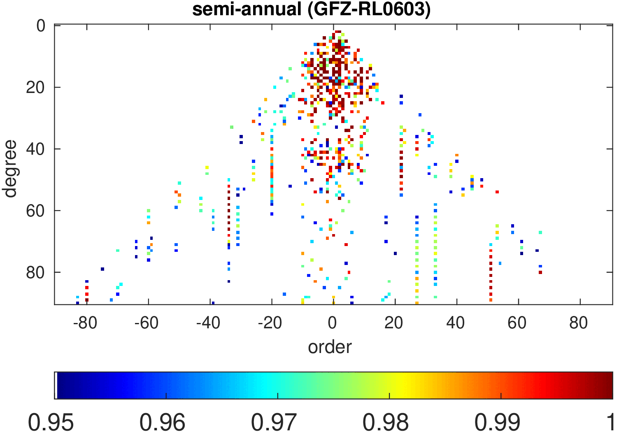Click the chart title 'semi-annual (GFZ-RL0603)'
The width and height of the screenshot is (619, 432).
point(311,9)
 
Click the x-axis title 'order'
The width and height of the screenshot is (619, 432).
point(330,347)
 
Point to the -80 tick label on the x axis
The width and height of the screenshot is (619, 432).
point(85,323)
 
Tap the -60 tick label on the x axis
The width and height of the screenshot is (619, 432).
point(147,323)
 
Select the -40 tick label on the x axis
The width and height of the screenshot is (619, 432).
point(208,323)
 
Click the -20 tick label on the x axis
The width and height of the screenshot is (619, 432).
point(270,323)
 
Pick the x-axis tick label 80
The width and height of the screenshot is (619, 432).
point(578,323)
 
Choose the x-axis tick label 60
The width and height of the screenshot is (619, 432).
point(517,323)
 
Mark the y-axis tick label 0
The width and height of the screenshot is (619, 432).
point(41,26)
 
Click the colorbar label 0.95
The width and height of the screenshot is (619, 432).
point(51,422)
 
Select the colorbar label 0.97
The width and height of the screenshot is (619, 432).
point(274,422)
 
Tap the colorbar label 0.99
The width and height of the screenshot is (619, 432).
point(498,422)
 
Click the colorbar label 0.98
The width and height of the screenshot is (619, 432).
point(386,422)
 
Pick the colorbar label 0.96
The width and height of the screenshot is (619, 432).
point(163,422)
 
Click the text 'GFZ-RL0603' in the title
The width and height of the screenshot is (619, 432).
point(368,9)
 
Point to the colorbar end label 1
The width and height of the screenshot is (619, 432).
point(610,422)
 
